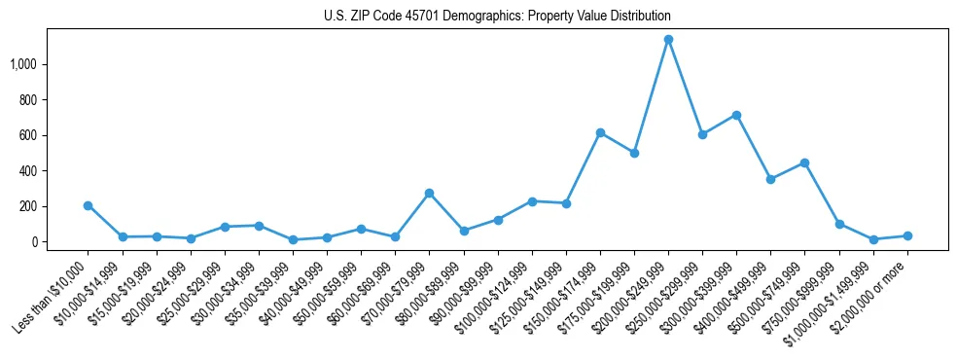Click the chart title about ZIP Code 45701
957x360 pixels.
pyautogui.click(x=497, y=17)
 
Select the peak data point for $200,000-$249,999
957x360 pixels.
pyautogui.click(x=668, y=40)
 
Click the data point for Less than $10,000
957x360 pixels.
pyautogui.click(x=89, y=205)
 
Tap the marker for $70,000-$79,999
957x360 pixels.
pyautogui.click(x=429, y=193)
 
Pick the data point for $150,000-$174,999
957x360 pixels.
pyautogui.click(x=600, y=132)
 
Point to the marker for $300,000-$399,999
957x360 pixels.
pyautogui.click(x=736, y=115)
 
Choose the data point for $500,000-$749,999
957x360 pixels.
pyautogui.click(x=804, y=162)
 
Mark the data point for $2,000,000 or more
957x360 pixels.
pyautogui.click(x=907, y=235)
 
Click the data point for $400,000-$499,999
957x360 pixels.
pyautogui.click(x=770, y=179)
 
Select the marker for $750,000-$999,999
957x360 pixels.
pyautogui.click(x=839, y=224)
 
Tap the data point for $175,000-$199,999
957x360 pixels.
pyautogui.click(x=634, y=153)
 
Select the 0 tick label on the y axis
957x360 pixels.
pyautogui.click(x=39, y=242)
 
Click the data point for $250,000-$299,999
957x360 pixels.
pyautogui.click(x=702, y=134)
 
